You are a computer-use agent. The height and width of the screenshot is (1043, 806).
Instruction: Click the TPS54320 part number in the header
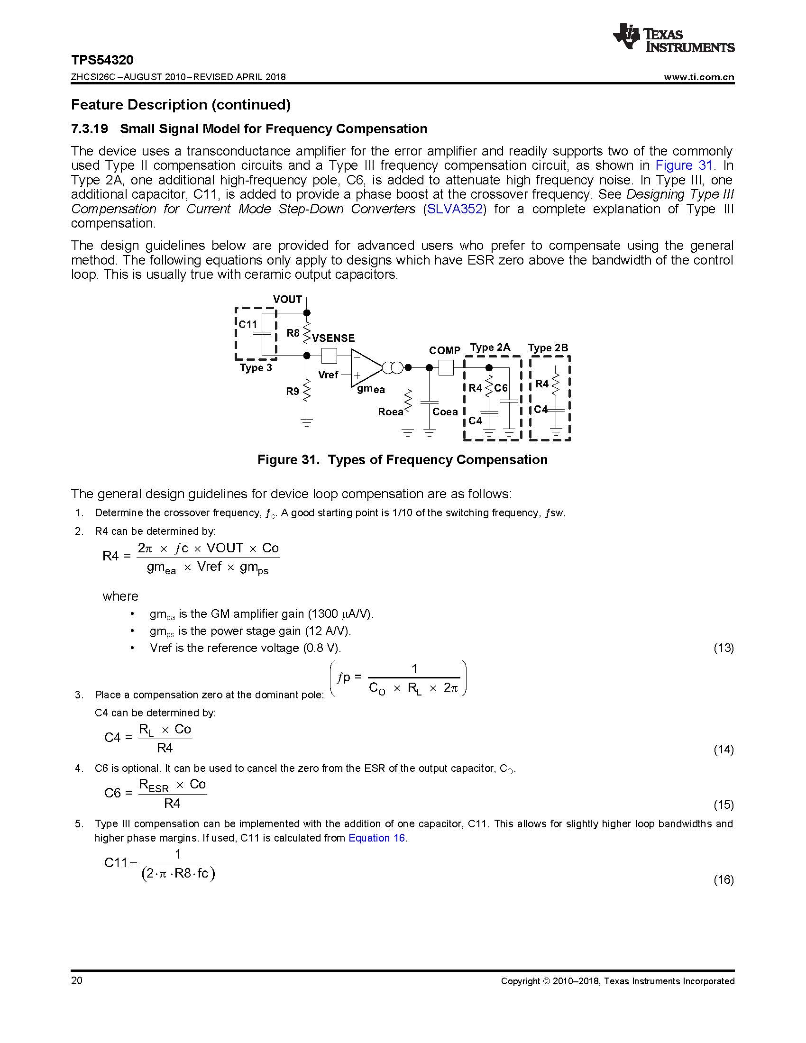click(102, 60)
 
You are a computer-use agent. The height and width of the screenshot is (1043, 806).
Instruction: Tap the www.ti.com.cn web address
click(698, 77)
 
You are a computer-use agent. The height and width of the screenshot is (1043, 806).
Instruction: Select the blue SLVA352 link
click(454, 209)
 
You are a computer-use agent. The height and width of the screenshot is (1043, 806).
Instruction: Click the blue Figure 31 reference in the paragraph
click(683, 166)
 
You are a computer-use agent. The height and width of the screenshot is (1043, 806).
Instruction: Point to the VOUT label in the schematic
click(287, 300)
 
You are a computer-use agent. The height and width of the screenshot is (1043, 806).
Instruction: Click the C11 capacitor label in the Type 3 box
click(248, 324)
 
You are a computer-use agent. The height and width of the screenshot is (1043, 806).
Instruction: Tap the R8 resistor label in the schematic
click(293, 333)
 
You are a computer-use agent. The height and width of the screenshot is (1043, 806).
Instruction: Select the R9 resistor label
click(292, 391)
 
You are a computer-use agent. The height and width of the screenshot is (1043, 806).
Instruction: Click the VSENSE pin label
click(333, 338)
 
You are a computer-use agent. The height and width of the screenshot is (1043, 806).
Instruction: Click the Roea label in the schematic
click(391, 412)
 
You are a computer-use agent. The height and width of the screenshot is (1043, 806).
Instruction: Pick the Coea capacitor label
click(445, 412)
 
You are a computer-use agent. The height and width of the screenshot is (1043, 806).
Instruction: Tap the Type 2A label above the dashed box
click(490, 347)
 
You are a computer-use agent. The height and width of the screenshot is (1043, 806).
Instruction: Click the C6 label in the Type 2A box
click(501, 388)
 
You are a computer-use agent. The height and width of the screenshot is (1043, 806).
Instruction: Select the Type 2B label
click(548, 348)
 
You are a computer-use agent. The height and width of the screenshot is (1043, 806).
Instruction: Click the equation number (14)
click(724, 749)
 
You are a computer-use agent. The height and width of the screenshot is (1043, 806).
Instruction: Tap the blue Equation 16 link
click(377, 838)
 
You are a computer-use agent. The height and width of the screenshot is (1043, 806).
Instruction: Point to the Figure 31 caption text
click(402, 459)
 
